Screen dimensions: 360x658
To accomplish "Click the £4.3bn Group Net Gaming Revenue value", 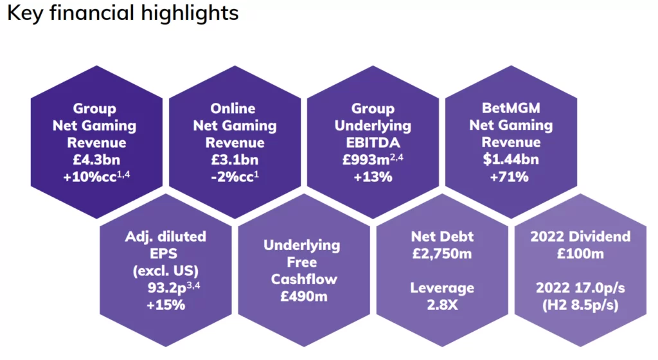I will point(94,160).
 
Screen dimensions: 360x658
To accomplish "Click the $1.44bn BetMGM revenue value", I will point(511,160).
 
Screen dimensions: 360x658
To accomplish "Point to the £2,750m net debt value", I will point(441,253).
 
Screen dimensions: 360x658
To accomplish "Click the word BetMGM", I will point(511,108).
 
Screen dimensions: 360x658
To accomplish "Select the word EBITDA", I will point(373,143).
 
